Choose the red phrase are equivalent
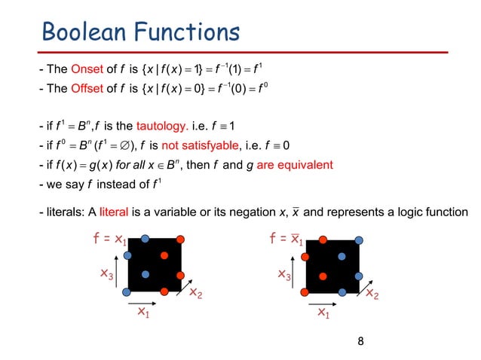coord(293,165)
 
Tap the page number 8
coord(360,341)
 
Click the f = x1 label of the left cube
coord(109,241)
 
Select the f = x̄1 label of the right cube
coord(286,241)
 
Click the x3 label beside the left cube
coord(108,276)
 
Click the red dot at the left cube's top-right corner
coord(181,240)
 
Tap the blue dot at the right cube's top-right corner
coord(359,240)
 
